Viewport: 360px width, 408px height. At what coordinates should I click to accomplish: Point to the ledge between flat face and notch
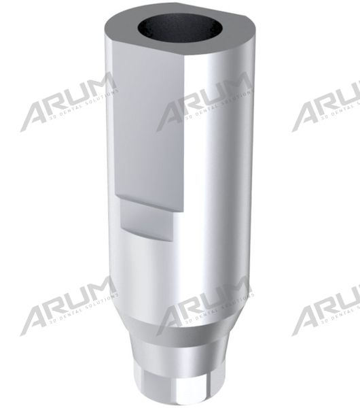(x=153, y=199)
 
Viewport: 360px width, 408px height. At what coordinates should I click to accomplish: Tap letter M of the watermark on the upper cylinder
(x=234, y=91)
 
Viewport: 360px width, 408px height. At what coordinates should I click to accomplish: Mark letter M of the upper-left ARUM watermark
(x=98, y=91)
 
